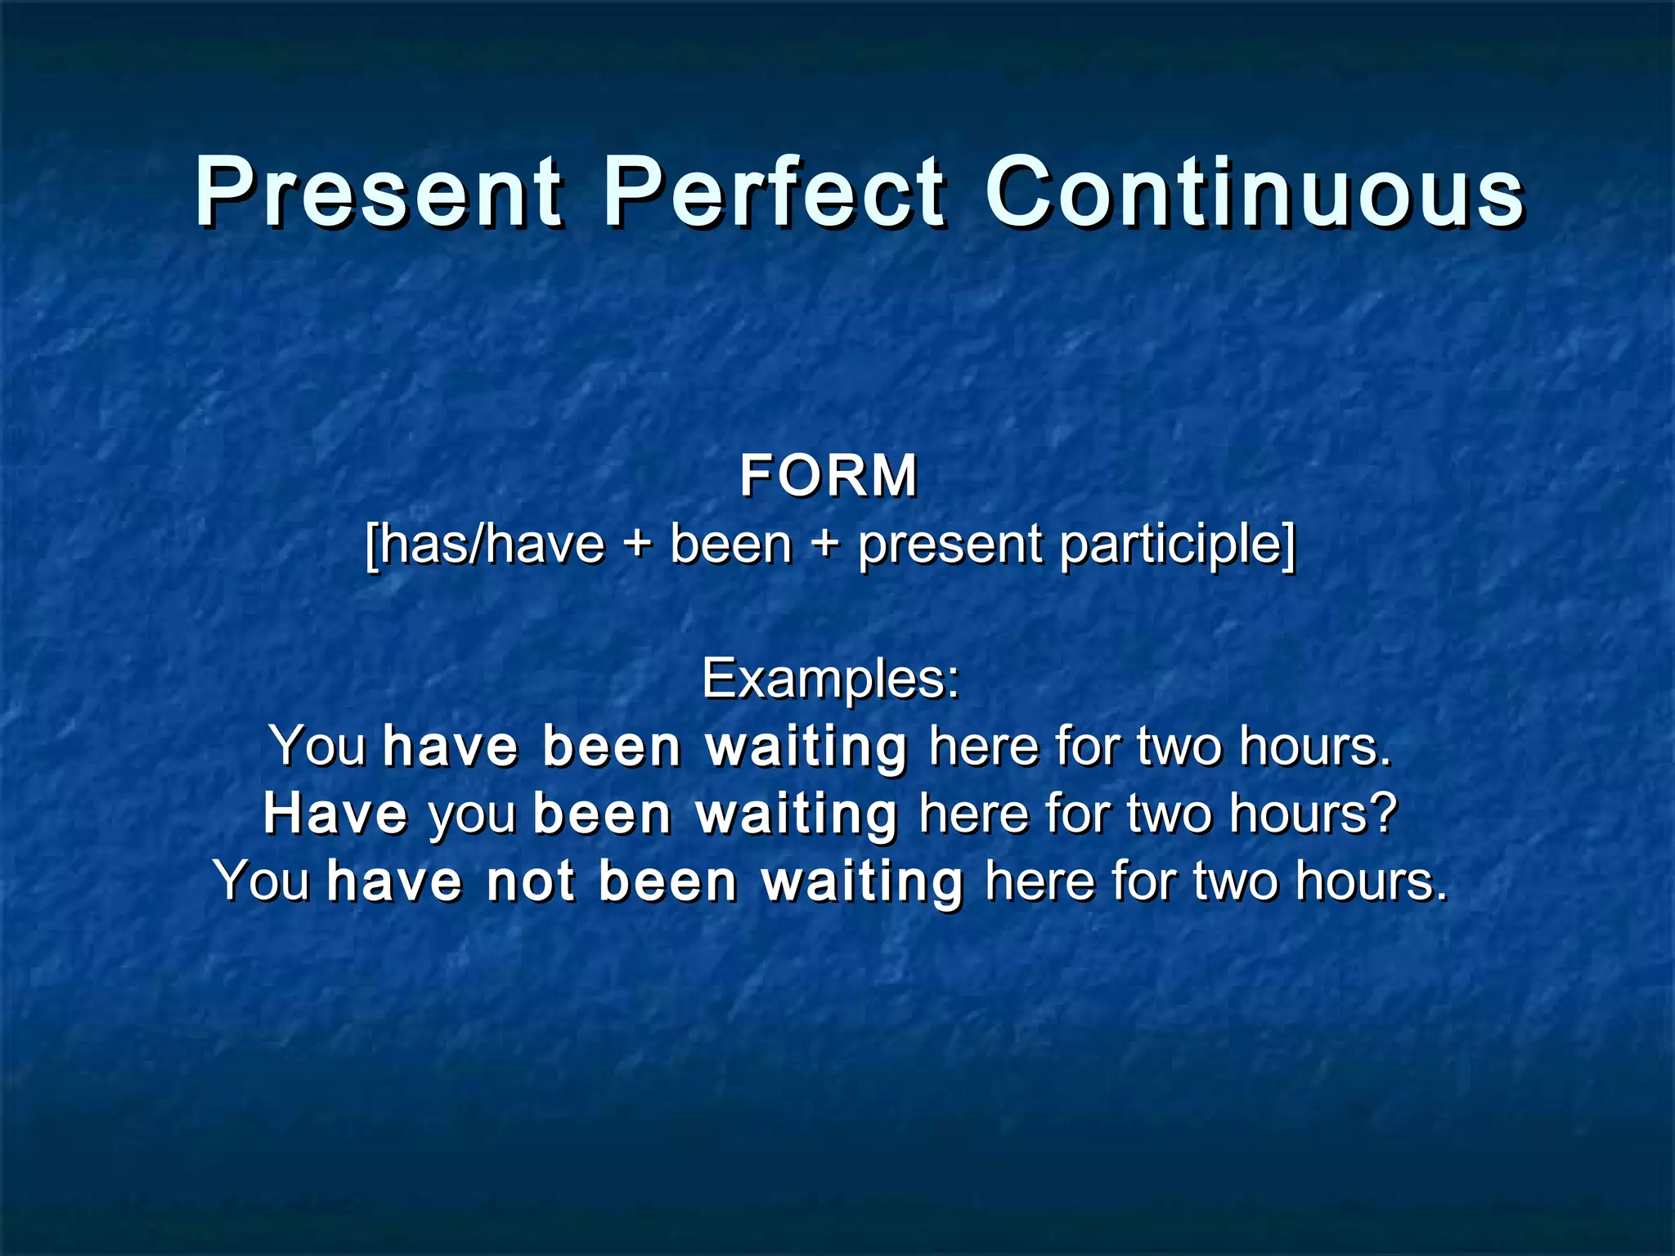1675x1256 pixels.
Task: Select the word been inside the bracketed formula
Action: (731, 545)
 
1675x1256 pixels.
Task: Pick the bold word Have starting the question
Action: (335, 814)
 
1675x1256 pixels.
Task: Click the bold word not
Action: (531, 881)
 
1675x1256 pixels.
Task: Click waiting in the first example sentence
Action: (806, 747)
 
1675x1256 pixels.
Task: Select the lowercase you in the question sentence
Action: (473, 816)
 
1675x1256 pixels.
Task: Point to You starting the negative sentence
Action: (262, 881)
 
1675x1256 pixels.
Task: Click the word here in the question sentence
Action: (972, 814)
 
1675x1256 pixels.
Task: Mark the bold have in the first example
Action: (451, 747)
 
